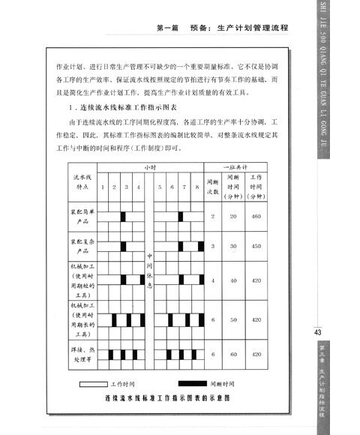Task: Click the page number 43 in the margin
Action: (319, 333)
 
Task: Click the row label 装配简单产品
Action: (78, 217)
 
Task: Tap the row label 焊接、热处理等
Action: (78, 354)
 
